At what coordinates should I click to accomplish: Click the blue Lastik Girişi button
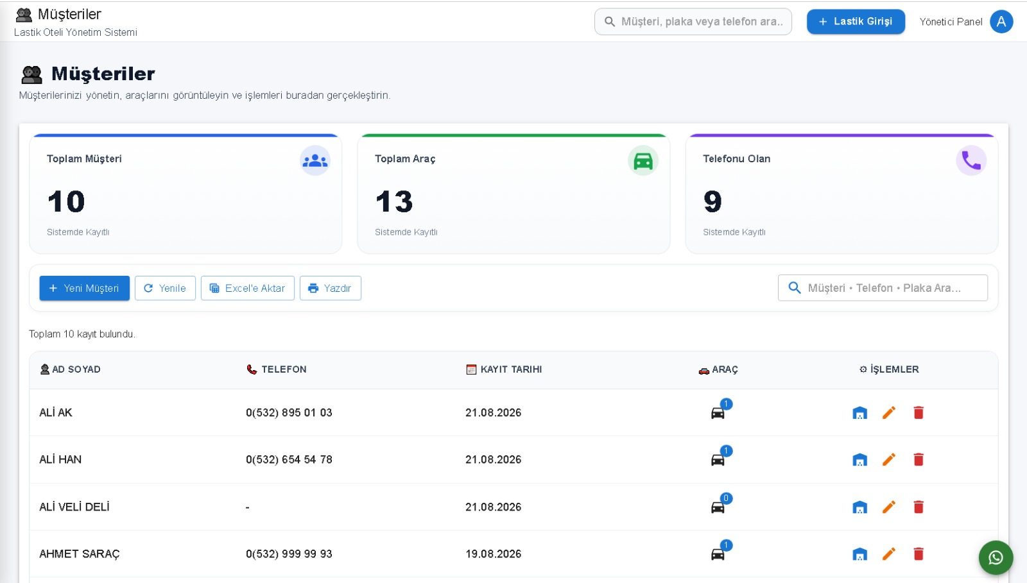pos(856,22)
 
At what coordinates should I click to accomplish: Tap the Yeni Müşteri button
pos(84,288)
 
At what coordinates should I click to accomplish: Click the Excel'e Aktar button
pos(248,288)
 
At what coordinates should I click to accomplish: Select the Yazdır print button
pos(330,288)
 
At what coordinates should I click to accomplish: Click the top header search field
pos(693,22)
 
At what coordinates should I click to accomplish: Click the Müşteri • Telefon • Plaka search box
pos(883,288)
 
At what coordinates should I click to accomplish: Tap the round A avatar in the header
pos(1001,22)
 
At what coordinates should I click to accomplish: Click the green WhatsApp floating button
pos(996,557)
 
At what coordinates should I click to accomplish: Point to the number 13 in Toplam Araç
pos(394,201)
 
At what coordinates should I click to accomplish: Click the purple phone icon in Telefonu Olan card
pos(971,161)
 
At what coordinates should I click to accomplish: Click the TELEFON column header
pos(277,369)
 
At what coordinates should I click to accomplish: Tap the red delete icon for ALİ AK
pos(919,412)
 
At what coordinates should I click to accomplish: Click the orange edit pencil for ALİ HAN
pos(888,459)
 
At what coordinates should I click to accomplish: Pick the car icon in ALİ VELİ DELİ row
pos(718,507)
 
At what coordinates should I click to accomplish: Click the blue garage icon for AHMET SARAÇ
pos(859,554)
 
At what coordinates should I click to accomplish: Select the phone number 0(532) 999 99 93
pos(289,553)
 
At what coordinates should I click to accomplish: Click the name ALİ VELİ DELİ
pos(74,507)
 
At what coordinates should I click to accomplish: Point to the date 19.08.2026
pos(494,553)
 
